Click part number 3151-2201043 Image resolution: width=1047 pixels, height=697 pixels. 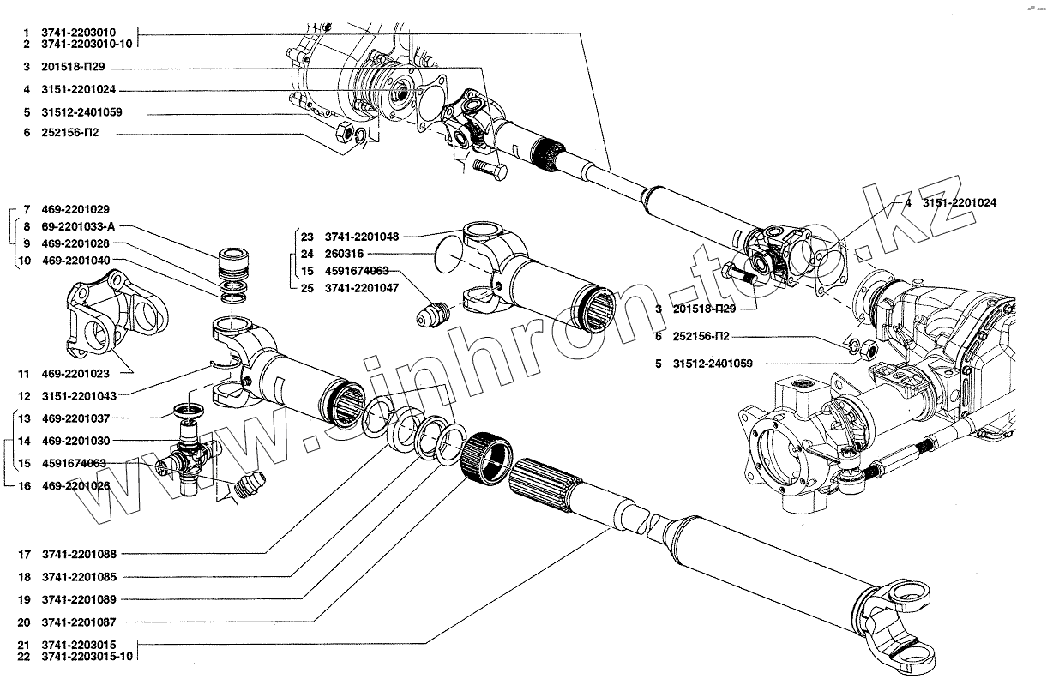click(76, 396)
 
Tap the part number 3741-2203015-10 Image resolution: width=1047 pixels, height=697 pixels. click(93, 656)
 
